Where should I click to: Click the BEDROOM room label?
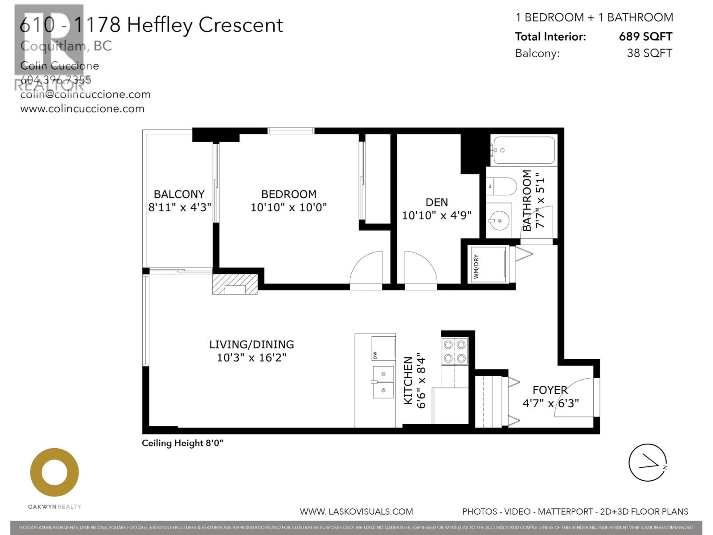point(289,194)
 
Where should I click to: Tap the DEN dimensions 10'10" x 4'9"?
point(437,215)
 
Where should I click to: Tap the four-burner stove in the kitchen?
point(455,351)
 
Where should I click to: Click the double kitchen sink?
point(383,382)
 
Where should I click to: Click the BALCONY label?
point(179,194)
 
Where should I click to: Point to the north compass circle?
point(647,462)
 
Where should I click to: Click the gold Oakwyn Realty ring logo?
point(54,472)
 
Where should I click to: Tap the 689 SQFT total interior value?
point(645,36)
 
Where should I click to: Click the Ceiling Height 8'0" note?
point(183,443)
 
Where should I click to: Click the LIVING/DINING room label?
point(251,344)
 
